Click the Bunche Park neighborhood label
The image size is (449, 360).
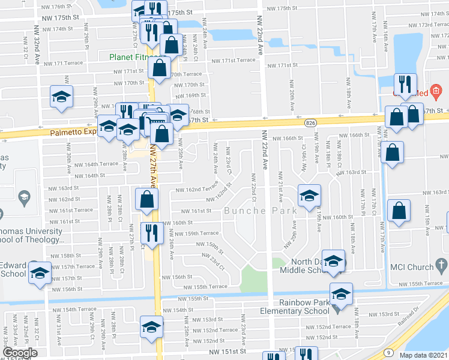253,211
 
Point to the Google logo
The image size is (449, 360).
20,352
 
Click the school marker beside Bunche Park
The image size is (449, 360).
310,196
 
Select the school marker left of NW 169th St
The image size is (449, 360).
61,98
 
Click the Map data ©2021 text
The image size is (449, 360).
423,355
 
